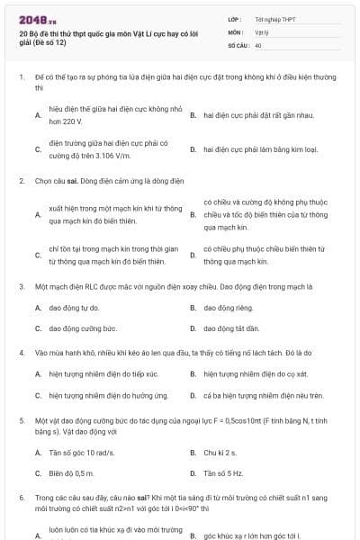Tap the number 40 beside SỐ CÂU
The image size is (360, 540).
point(259,43)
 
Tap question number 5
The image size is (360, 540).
point(21,420)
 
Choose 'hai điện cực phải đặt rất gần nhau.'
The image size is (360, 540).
point(257,116)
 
